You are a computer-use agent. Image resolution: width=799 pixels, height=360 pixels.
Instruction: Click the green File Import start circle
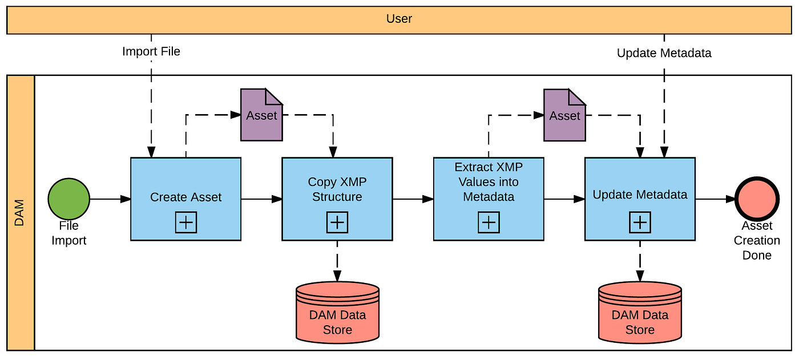tap(69, 199)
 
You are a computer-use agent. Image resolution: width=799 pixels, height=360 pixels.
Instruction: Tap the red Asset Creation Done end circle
tap(757, 199)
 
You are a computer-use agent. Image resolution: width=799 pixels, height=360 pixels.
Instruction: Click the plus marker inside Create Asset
tap(185, 223)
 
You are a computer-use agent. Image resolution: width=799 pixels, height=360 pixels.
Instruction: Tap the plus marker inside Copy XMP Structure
tap(337, 223)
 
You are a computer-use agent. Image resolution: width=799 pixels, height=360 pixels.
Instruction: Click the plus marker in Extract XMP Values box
tap(489, 223)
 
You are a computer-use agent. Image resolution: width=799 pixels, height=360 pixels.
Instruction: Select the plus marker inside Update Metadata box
tap(640, 223)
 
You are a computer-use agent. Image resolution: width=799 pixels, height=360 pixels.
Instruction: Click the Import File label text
tap(151, 51)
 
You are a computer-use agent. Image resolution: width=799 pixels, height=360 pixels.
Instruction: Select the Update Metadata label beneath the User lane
tap(664, 53)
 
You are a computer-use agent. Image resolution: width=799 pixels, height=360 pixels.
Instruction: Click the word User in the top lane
tap(399, 19)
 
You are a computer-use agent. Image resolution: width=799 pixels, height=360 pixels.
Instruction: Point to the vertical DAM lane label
tap(20, 212)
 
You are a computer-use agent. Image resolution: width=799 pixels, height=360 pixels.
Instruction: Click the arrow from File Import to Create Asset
tap(110, 199)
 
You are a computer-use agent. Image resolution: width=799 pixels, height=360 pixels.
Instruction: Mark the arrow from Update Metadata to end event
tap(715, 199)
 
